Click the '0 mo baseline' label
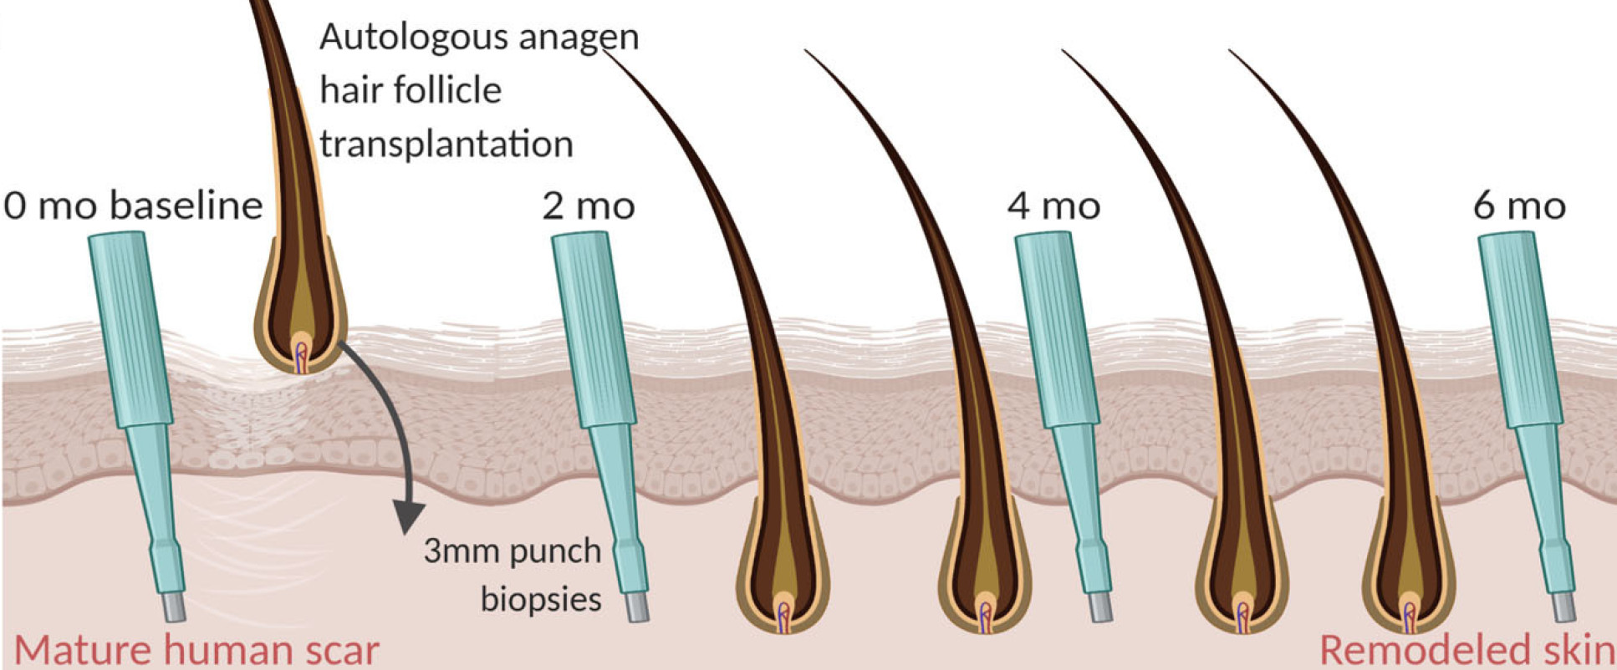[133, 206]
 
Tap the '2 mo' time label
[588, 206]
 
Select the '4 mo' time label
[1053, 206]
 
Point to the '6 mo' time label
[1519, 206]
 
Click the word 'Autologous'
[396, 38]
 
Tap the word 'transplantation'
[446, 144]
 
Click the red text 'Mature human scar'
[196, 650]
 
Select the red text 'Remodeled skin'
[1467, 650]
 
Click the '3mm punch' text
[512, 551]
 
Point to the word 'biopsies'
[541, 599]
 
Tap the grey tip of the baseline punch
[173, 607]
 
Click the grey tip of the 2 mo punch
[636, 607]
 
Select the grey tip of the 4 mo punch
[1100, 607]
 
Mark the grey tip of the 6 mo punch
[1563, 607]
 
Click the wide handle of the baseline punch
[130, 326]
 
